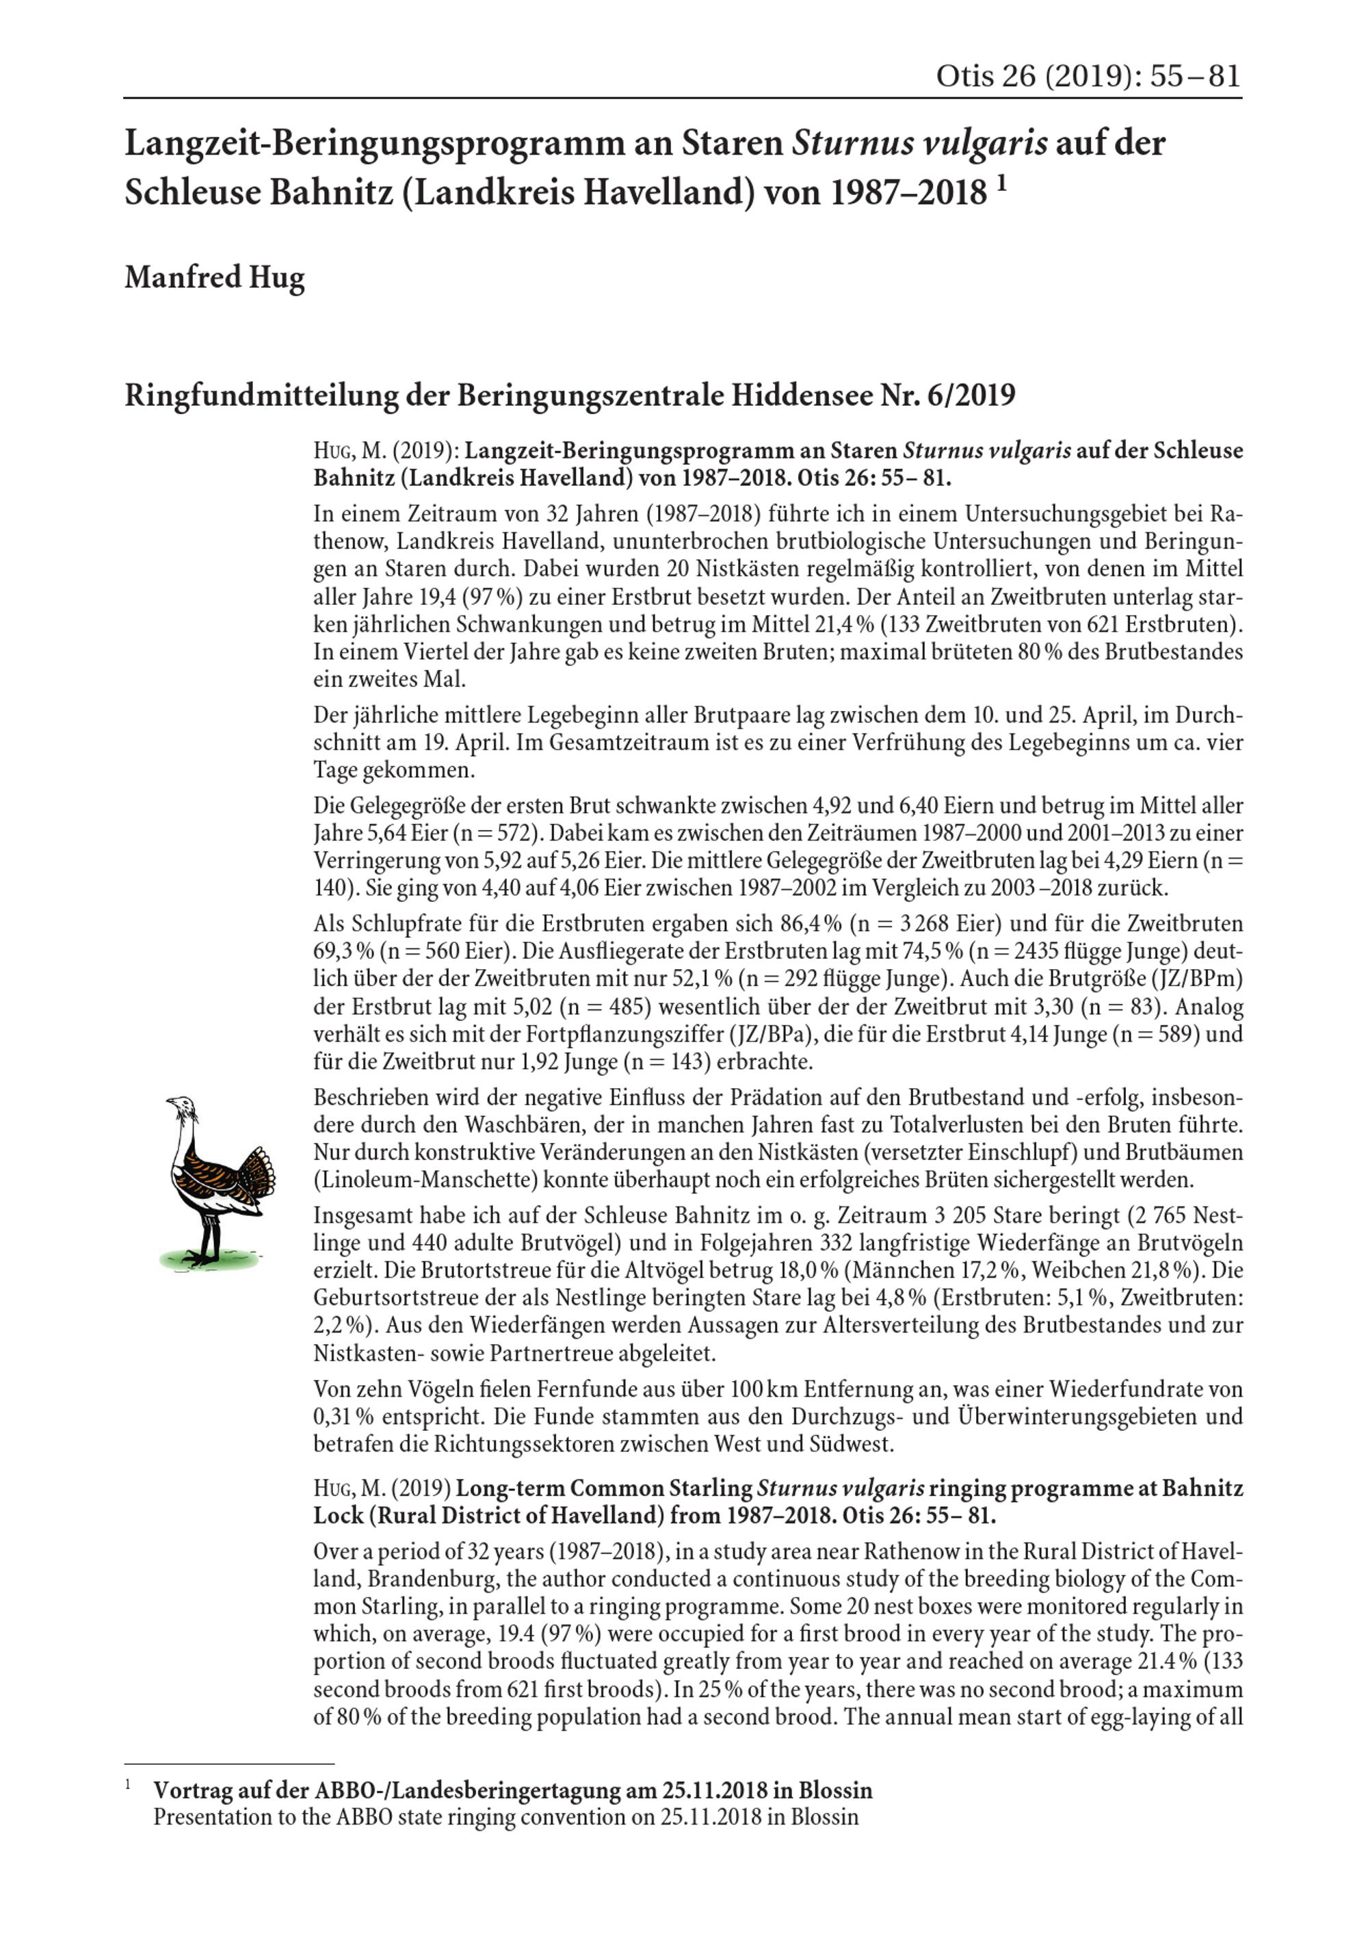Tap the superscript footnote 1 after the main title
(1001, 184)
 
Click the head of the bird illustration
(179, 1104)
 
